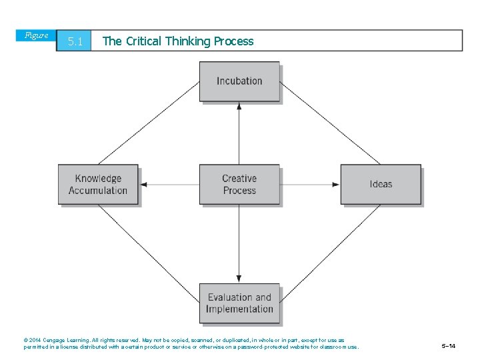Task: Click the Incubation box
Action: [x=239, y=81]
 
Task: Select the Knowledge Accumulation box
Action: [x=98, y=185]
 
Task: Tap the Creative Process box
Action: [x=239, y=185]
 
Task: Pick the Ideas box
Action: [x=381, y=185]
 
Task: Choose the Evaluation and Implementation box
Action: [x=239, y=303]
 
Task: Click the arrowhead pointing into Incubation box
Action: [x=239, y=106]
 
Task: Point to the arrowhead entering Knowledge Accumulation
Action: [x=143, y=185]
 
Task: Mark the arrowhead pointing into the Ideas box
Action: [x=336, y=185]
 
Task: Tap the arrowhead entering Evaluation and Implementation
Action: [x=239, y=279]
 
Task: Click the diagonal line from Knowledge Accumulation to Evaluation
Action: [x=149, y=244]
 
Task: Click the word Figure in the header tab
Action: [x=36, y=35]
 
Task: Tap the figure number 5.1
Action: [x=75, y=42]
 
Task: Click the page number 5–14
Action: [x=449, y=346]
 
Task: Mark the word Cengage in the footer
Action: [x=57, y=340]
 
